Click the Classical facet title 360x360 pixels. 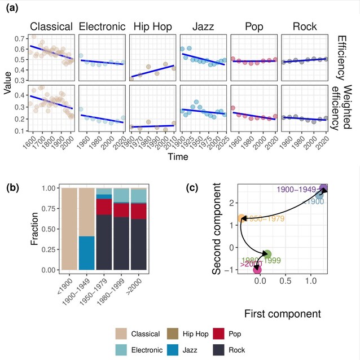coord(51,26)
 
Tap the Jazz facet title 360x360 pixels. coord(203,26)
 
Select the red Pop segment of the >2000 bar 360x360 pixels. coord(139,211)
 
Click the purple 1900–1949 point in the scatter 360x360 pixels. coord(324,188)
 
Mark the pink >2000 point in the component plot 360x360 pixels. coord(258,270)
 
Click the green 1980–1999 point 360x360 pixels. coord(267,254)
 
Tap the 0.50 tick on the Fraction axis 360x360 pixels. coord(49,229)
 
